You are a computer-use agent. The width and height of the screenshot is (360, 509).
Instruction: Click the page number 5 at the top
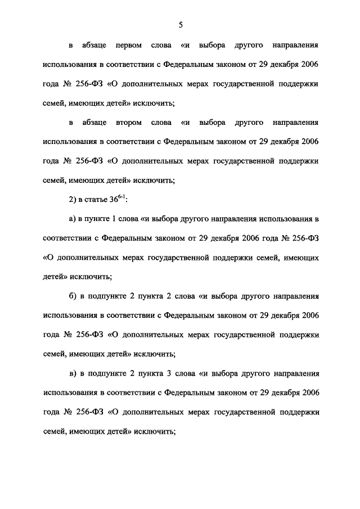(181, 24)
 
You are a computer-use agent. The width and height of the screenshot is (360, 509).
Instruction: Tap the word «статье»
(95, 199)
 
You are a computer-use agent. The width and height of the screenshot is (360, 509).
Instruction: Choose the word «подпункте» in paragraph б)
(108, 296)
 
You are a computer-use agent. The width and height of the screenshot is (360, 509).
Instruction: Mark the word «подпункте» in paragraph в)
(108, 373)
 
